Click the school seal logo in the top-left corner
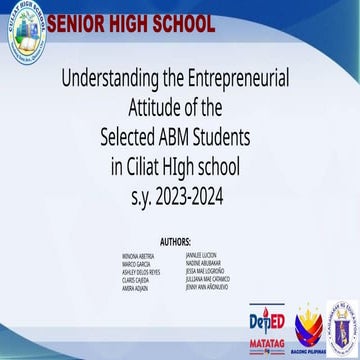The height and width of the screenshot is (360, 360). click(26, 32)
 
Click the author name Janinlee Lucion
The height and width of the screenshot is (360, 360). click(201, 255)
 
